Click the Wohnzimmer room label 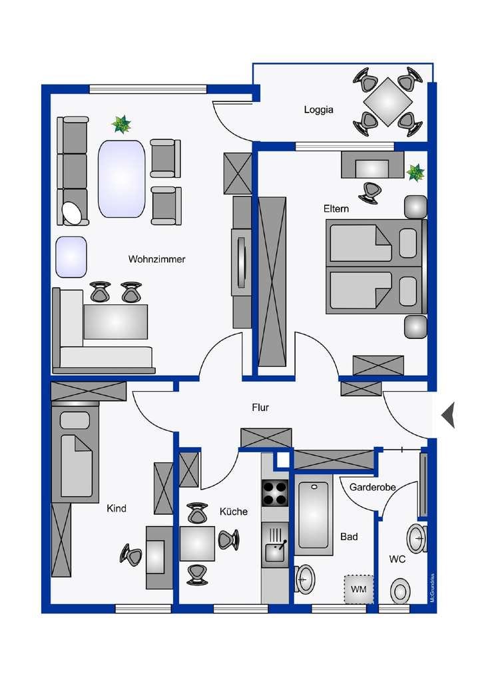point(156,259)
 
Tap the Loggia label point(319,110)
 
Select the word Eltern point(336,208)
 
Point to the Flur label point(260,408)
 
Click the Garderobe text point(372,487)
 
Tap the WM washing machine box point(359,589)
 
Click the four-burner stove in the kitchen point(275,493)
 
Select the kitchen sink point(275,545)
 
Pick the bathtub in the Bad point(314,515)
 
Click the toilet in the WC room point(400,592)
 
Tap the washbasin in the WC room point(417,538)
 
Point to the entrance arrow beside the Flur point(448,415)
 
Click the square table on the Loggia point(387,102)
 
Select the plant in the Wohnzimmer point(121,125)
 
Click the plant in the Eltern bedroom point(416,172)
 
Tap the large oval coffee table point(121,178)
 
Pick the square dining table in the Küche point(197,543)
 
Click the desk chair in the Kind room point(131,555)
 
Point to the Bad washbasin point(305,579)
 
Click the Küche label point(234,511)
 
